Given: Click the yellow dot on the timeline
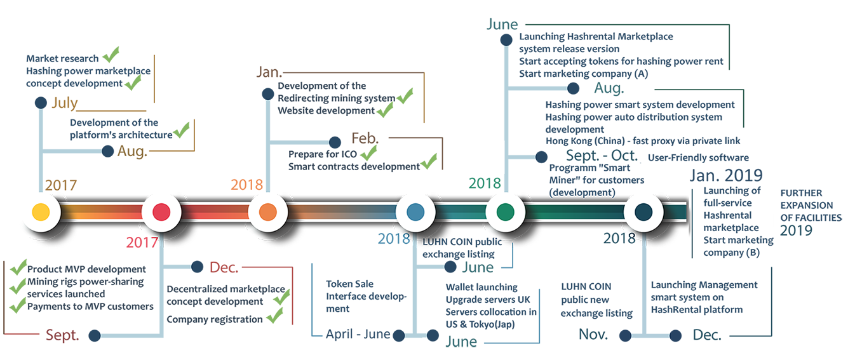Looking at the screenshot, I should [41, 212].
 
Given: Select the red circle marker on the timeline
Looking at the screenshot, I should [161, 212].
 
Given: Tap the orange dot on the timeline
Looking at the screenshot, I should [267, 212].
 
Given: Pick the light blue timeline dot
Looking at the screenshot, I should [415, 212].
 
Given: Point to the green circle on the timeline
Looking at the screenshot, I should [505, 212].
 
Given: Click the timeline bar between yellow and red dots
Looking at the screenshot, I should [101, 212].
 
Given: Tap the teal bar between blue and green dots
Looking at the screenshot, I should [460, 212].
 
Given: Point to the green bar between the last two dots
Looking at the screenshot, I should [574, 212].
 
